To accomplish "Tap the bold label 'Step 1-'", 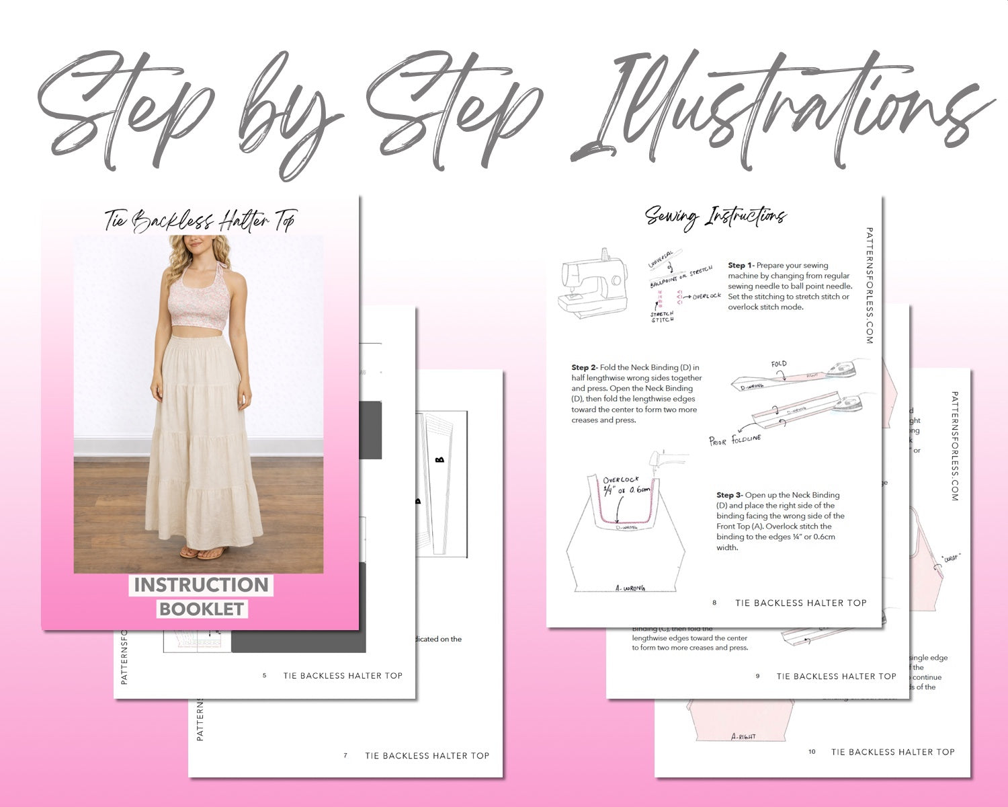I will pos(741,266).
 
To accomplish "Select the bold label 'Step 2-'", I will pos(585,368).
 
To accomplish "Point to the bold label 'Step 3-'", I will pos(730,495).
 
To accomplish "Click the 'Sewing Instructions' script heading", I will pos(715,217).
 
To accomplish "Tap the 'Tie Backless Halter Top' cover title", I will pos(200,221).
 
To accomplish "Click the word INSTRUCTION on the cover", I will pos(201,585).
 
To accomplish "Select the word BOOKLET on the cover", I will pos(202,609).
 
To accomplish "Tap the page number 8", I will pos(714,603).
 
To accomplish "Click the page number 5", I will pos(265,676).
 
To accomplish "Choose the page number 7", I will pos(345,756).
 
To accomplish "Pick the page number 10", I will pos(812,752).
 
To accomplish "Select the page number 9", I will pos(757,677).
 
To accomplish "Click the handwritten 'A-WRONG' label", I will pos(630,588).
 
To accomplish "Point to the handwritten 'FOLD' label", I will pos(779,364).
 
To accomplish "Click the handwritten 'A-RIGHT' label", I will pos(743,736).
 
